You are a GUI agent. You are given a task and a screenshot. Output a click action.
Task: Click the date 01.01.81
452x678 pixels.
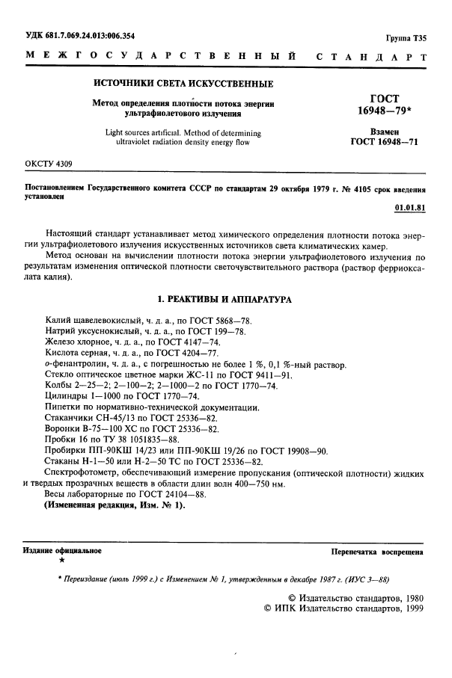(410, 207)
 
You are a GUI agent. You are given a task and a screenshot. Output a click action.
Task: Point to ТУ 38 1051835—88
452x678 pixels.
(149, 439)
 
